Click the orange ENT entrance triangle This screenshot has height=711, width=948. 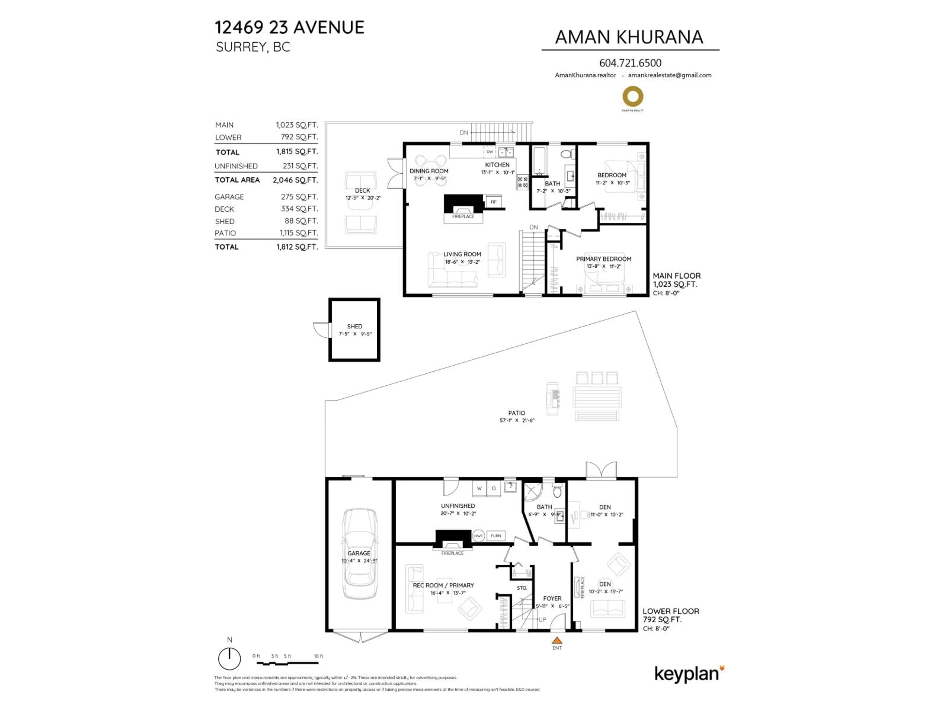557,640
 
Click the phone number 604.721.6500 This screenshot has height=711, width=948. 630,63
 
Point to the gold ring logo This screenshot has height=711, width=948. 632,97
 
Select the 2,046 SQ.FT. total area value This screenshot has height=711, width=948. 295,180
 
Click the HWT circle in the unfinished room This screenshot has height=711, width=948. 478,536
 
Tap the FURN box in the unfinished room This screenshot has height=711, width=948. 496,536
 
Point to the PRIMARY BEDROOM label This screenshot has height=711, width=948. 603,259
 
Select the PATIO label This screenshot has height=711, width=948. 516,413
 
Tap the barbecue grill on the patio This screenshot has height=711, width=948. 553,398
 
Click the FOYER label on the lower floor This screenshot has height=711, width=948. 552,598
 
